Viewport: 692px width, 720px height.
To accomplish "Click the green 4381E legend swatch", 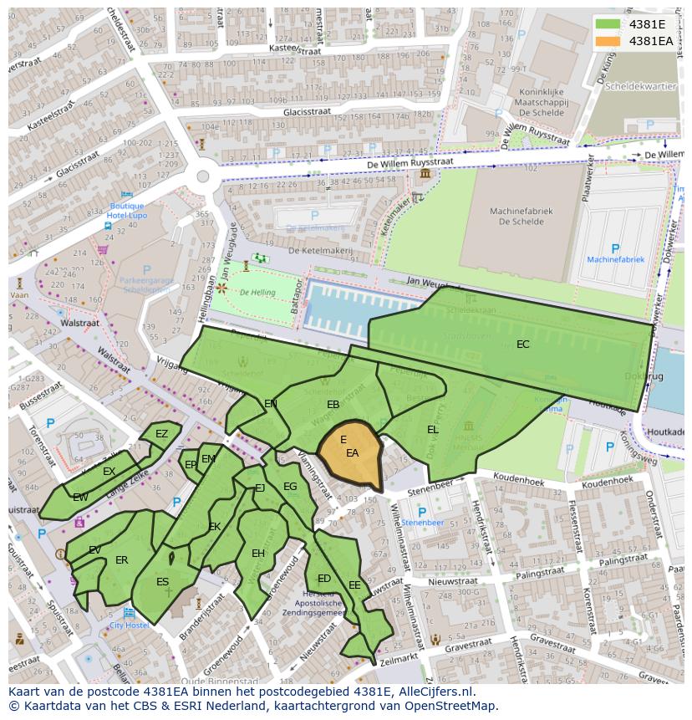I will [608, 24].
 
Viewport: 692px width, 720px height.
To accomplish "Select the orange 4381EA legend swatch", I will [608, 40].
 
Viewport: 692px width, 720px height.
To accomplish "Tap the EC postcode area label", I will [522, 344].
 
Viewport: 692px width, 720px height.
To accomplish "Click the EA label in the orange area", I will [352, 453].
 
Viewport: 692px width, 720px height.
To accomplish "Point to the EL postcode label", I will [432, 430].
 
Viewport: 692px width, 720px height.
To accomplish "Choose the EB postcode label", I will [333, 405].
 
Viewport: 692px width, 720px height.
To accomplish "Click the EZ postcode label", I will [161, 433].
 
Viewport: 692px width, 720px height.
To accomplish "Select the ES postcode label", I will [162, 582].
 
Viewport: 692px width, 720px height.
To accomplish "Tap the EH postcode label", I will [258, 554].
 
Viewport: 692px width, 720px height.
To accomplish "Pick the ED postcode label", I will [324, 579].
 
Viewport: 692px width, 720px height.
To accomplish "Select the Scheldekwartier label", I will [642, 86].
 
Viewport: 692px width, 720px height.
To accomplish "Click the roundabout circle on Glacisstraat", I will [202, 176].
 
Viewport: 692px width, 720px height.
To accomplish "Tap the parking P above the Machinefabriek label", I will [616, 248].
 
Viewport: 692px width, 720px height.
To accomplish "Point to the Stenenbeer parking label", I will [422, 523].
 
